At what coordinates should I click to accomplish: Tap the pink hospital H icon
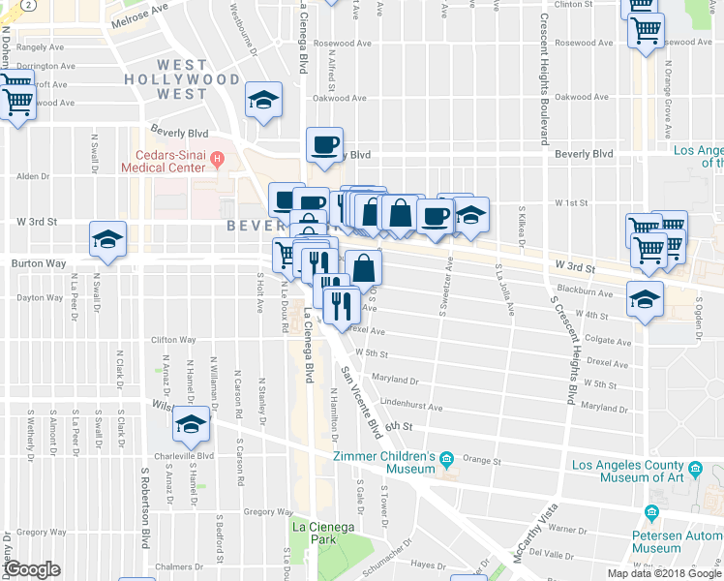217,159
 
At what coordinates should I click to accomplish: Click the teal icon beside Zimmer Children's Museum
445,458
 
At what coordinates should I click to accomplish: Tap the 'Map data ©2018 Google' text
664,573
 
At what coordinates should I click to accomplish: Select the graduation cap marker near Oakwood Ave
263,101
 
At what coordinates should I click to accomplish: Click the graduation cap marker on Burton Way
108,238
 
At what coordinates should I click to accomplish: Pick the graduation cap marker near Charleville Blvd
191,425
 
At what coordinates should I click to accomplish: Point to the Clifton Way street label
173,340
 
